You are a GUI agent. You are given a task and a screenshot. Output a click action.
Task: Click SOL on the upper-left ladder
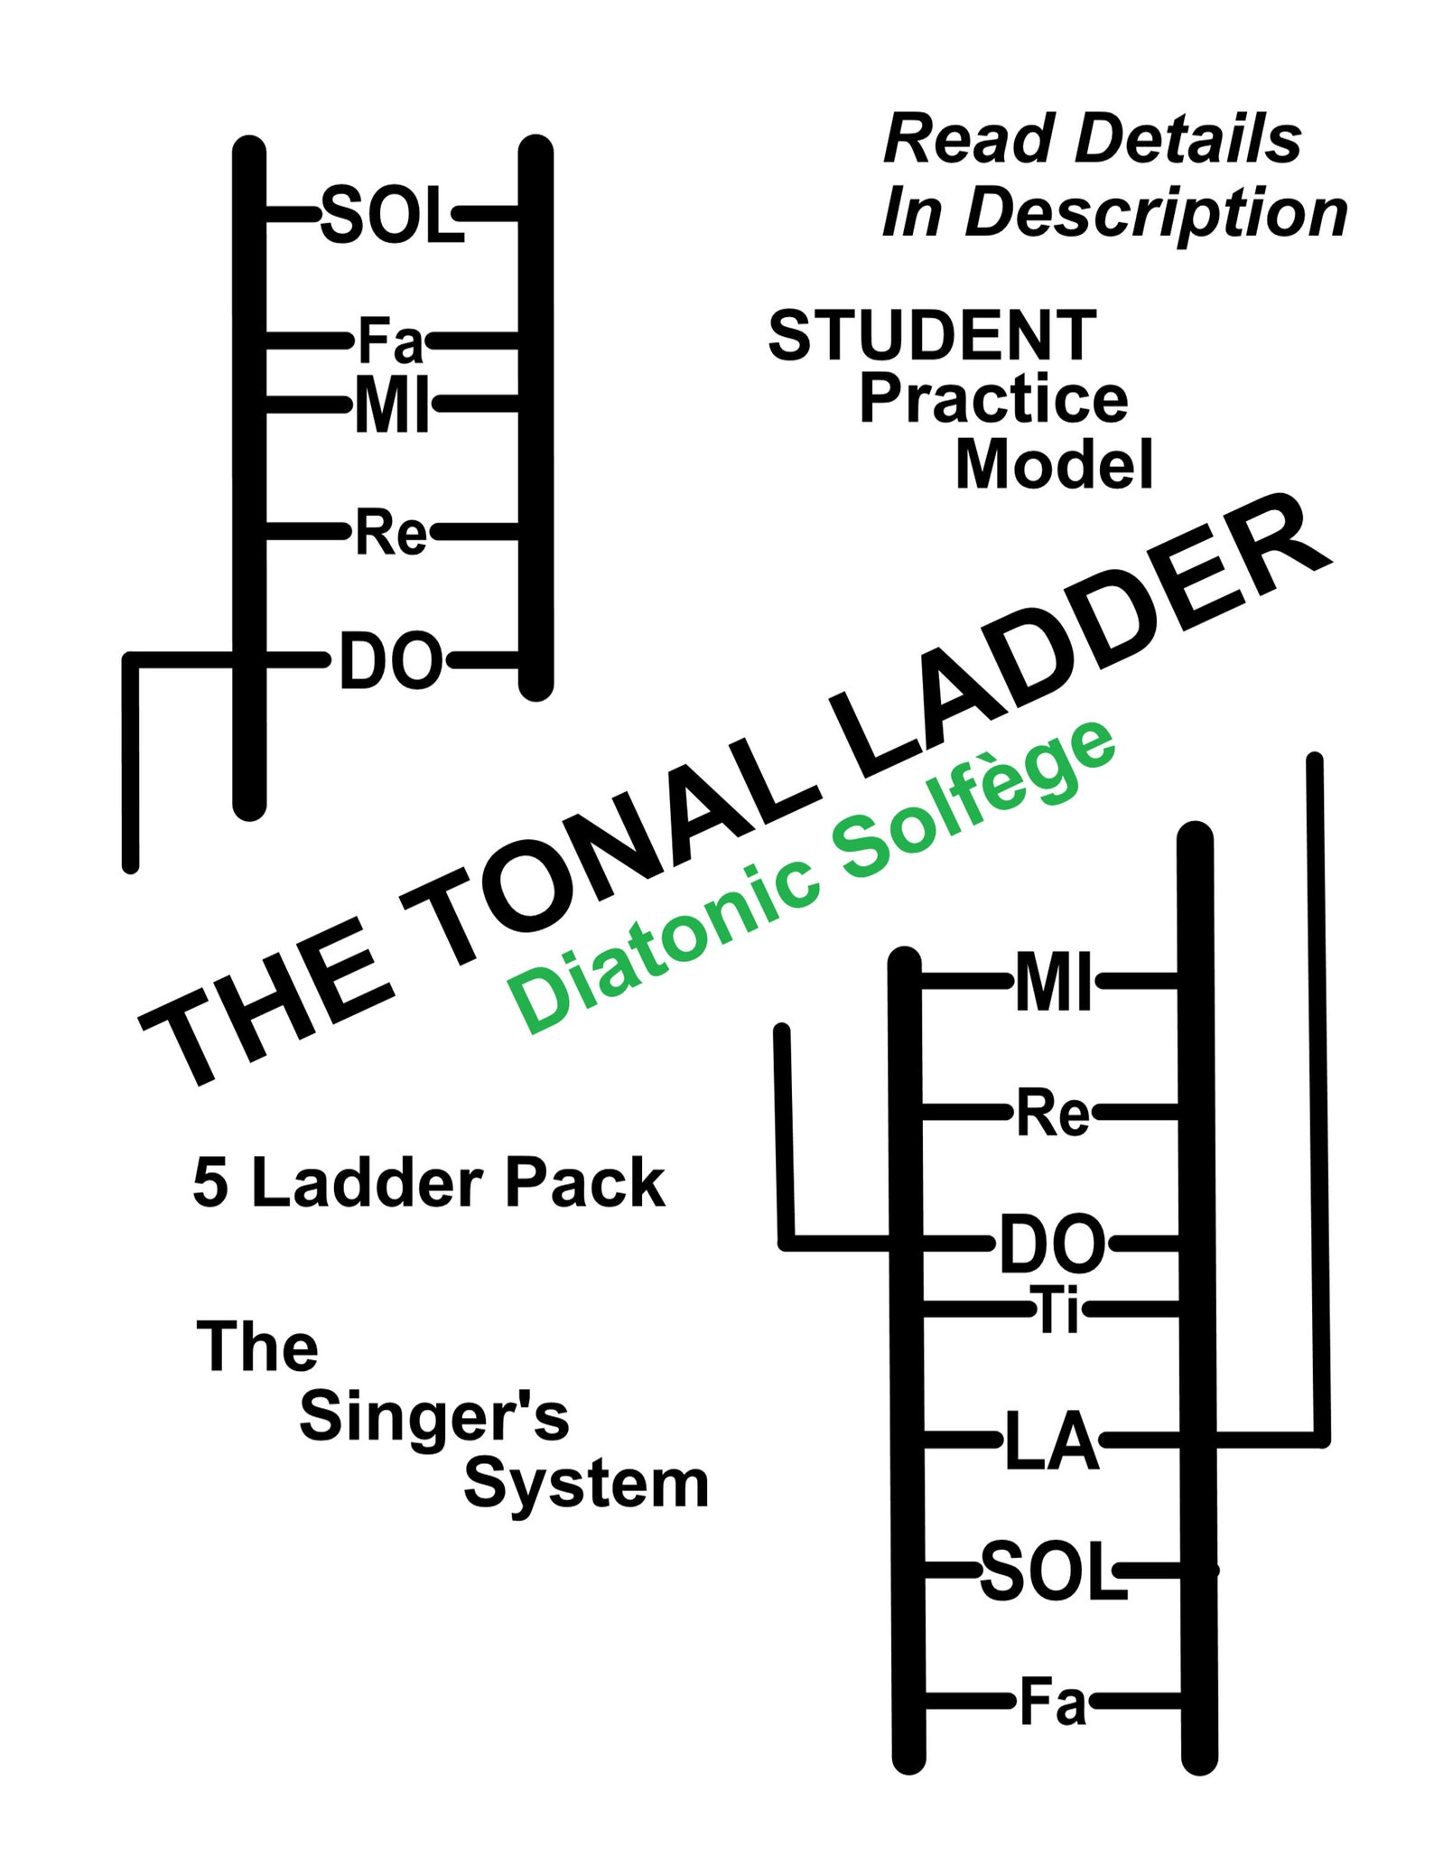(x=391, y=216)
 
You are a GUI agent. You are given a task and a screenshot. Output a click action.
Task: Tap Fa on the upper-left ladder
(x=390, y=341)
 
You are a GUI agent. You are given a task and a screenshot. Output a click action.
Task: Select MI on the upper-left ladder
(x=390, y=405)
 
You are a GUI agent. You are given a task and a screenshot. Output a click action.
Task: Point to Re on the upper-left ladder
(x=390, y=533)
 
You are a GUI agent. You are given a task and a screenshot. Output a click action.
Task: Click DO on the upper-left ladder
(x=390, y=662)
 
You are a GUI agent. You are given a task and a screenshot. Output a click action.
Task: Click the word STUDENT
(x=932, y=335)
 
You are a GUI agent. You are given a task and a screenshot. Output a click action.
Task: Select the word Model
(x=1054, y=465)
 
